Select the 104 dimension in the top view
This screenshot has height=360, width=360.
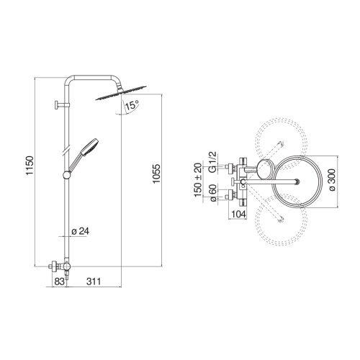click(x=239, y=215)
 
